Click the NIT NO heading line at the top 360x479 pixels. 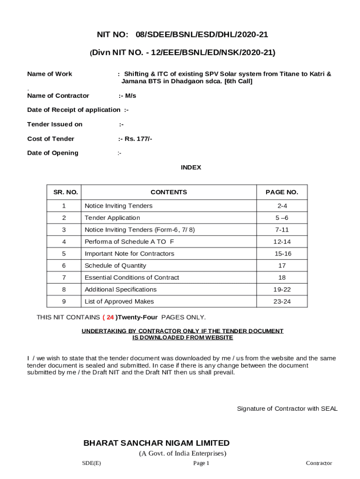[182, 35]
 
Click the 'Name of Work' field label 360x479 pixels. [50, 74]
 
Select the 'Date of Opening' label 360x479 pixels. [53, 153]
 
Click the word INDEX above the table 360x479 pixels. [191, 167]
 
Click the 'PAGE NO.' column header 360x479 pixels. [282, 192]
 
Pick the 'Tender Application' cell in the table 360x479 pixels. [112, 218]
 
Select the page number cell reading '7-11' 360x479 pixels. [282, 230]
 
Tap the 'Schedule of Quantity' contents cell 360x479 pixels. [115, 266]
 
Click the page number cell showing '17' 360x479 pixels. [282, 266]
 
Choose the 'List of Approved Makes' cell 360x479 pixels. [119, 302]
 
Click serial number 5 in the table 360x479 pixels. [64, 254]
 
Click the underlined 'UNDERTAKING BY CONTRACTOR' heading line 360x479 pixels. [182, 331]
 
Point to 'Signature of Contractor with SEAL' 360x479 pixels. [287, 409]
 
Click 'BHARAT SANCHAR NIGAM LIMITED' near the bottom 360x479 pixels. [156, 443]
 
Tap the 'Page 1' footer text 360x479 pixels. [201, 463]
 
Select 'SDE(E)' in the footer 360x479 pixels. [91, 463]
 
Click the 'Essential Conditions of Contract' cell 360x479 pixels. [131, 278]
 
